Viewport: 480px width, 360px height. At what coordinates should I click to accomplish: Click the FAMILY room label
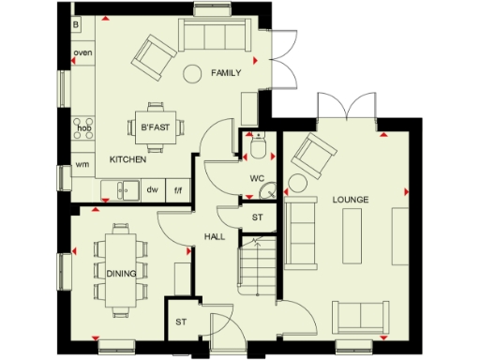226,72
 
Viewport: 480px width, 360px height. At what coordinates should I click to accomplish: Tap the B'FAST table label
153,127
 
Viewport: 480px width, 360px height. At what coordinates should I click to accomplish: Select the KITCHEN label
127,160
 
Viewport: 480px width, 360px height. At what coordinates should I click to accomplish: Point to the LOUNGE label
349,200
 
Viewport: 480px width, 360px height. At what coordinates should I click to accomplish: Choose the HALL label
215,237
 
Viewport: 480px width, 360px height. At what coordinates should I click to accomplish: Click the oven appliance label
82,52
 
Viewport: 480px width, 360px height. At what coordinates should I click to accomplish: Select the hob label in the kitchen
82,127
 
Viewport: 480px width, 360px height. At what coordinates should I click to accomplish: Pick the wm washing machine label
82,165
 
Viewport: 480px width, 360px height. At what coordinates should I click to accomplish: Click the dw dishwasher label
152,189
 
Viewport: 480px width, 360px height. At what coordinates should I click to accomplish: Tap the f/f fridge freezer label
177,189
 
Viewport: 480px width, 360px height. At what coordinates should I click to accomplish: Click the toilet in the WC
258,144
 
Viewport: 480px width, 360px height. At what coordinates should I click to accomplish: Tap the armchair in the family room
150,55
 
